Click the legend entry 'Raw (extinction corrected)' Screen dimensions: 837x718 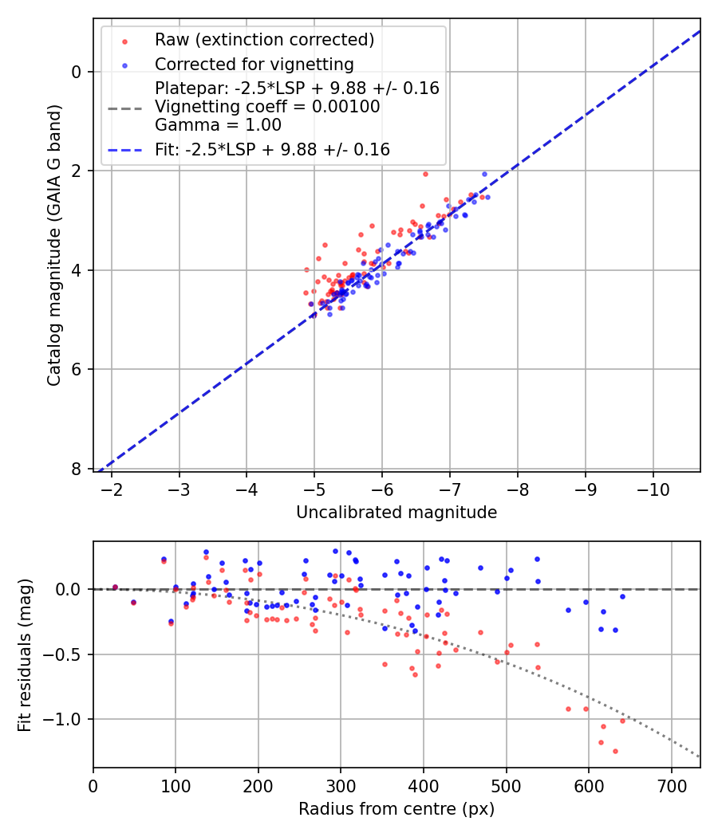tap(264, 40)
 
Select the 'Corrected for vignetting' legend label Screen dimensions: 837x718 tap(254, 64)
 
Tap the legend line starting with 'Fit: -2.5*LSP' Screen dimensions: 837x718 tap(272, 149)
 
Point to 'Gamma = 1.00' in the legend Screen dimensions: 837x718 tap(218, 124)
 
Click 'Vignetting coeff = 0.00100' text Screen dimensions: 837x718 tap(267, 107)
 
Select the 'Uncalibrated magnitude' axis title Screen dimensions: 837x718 tap(396, 513)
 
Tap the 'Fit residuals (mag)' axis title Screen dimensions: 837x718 tap(24, 655)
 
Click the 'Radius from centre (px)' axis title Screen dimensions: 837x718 tap(396, 809)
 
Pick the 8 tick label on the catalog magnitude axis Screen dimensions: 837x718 tap(77, 469)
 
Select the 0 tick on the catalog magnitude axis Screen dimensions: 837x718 tap(77, 72)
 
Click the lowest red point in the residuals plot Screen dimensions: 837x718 tap(615, 751)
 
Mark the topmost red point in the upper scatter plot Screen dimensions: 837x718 tap(425, 174)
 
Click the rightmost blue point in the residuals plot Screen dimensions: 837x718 tap(622, 596)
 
